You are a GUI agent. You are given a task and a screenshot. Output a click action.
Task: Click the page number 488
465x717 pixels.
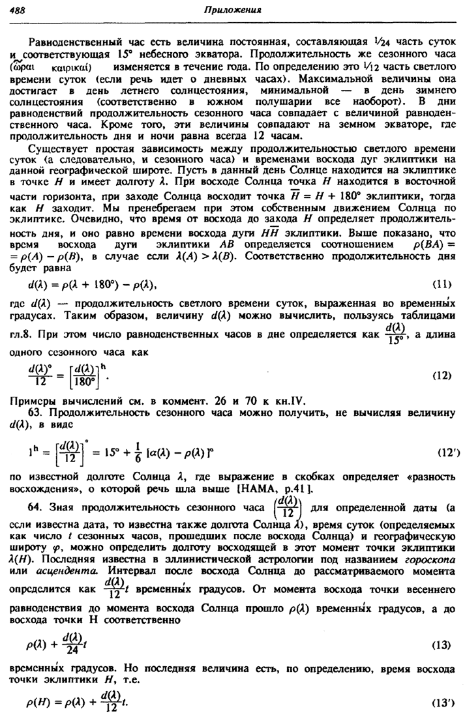coord(20,8)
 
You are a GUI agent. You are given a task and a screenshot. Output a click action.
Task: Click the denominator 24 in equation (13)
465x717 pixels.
coord(71,652)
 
